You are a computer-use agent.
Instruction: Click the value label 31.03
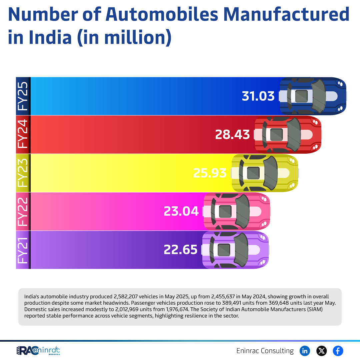(x=258, y=96)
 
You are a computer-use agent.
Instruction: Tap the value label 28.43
(x=232, y=134)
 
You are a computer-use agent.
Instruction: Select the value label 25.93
(x=210, y=173)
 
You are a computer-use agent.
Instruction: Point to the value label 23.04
(x=181, y=211)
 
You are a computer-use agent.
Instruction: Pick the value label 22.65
(x=181, y=249)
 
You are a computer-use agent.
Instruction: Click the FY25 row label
(x=23, y=96)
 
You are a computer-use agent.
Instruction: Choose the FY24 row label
(x=23, y=134)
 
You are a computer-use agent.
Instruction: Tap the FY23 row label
(x=23, y=173)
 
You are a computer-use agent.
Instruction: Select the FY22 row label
(x=23, y=211)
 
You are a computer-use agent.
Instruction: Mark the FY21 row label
(x=23, y=249)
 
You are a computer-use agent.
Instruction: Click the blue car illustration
(x=313, y=96)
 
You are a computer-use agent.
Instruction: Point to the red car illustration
(x=288, y=134)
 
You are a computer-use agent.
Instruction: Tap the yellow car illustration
(x=265, y=173)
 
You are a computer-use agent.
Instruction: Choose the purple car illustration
(x=235, y=249)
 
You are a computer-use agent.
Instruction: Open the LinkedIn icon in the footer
(x=305, y=351)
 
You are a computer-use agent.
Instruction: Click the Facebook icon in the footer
(x=338, y=351)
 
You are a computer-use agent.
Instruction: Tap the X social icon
(x=321, y=351)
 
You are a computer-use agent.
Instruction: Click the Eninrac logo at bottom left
(x=38, y=351)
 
